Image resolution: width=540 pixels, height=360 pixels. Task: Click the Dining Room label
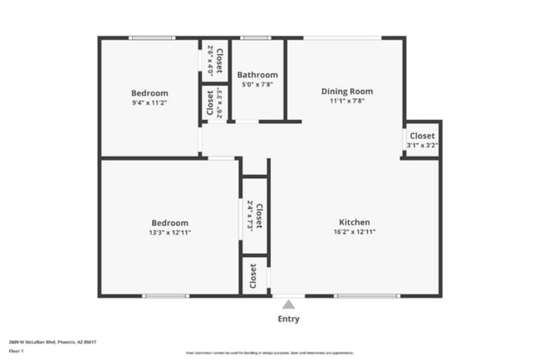point(346,91)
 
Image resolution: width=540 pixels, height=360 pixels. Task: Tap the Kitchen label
point(354,222)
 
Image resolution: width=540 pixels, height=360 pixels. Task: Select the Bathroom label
point(258,75)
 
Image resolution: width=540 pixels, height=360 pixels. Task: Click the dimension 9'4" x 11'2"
point(150,102)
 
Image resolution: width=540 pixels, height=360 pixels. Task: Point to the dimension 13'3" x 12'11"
point(169,232)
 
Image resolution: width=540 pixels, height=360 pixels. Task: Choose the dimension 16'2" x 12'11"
point(354,232)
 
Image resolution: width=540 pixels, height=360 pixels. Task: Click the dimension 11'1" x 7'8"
point(346,101)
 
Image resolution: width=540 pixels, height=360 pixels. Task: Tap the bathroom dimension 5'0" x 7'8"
point(258,84)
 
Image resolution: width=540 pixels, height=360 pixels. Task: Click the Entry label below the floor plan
point(288,319)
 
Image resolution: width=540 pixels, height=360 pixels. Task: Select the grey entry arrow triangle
point(288,304)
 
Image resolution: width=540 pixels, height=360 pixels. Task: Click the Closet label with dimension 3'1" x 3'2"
point(421,136)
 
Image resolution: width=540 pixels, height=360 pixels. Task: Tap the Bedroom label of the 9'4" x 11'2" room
point(150,93)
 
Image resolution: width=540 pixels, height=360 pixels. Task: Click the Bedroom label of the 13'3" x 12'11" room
point(169,223)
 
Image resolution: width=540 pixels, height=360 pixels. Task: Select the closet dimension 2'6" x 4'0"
point(210,60)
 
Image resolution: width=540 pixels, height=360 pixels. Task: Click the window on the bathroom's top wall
point(255,37)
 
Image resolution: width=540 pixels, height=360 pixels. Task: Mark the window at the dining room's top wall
point(342,37)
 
